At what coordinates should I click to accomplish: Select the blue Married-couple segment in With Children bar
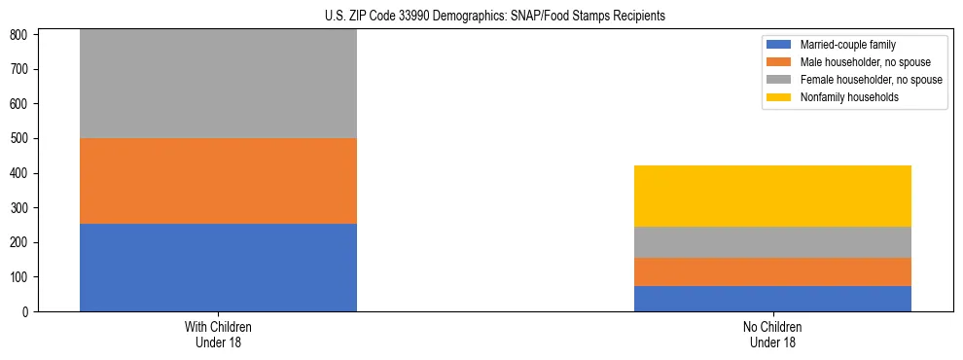218,268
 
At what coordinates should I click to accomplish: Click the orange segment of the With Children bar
218,181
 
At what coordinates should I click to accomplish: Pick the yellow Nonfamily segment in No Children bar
772,196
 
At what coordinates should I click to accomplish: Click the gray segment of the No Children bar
772,242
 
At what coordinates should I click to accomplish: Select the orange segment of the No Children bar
772,271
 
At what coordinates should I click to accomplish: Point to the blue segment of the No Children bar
772,299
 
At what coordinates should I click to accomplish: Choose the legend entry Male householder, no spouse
857,62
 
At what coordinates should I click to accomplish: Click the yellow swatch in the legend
780,97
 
